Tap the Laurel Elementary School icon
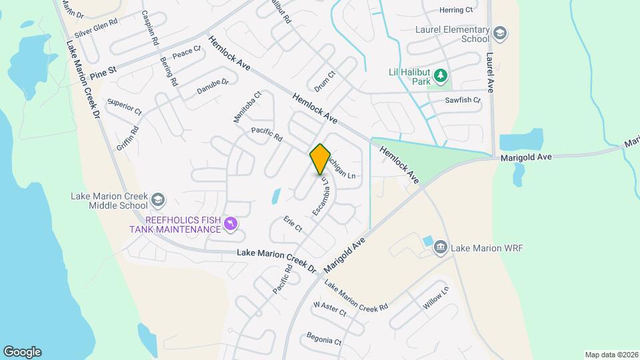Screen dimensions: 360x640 click(x=500, y=33)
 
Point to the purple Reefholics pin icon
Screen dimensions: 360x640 click(x=231, y=224)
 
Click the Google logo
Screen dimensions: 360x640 click(x=22, y=352)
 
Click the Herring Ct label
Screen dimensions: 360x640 click(x=456, y=10)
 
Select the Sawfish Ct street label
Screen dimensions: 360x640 click(x=463, y=101)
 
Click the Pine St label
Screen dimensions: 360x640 click(x=103, y=69)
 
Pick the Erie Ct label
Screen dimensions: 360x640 click(x=293, y=224)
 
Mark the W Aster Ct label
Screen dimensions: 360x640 click(x=330, y=309)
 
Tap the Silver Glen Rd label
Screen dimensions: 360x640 click(x=96, y=27)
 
